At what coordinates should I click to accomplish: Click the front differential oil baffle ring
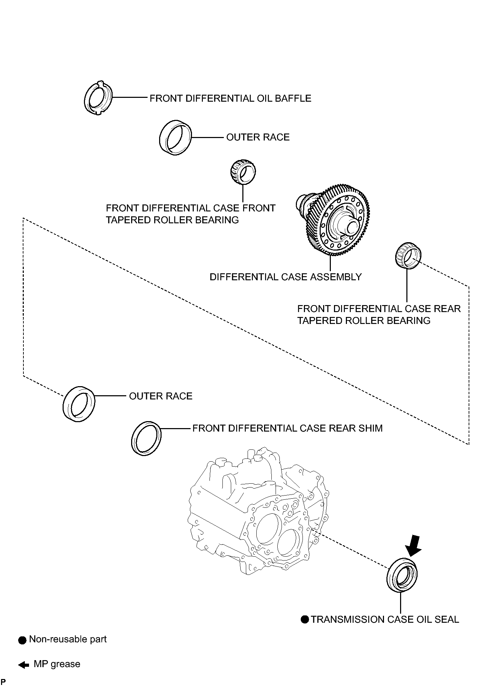tap(98, 98)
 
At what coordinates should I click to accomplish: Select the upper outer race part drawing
tap(175, 137)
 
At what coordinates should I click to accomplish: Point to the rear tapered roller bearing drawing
tap(408, 255)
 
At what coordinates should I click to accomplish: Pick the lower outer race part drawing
tap(79, 404)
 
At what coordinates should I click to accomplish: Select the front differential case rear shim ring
tap(146, 438)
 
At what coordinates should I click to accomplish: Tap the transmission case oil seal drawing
tap(402, 576)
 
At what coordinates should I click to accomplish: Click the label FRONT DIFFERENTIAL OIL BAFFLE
tap(230, 99)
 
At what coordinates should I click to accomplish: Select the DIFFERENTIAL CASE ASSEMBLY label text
tap(285, 277)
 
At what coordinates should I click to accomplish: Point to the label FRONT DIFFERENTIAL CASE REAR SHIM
tap(287, 428)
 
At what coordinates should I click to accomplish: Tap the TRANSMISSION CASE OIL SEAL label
tap(385, 620)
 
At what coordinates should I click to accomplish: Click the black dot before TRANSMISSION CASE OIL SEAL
tap(305, 620)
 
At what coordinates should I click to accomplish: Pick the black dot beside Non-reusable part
tap(22, 640)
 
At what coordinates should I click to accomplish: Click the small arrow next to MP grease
tap(24, 665)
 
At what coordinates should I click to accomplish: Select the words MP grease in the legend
tap(57, 664)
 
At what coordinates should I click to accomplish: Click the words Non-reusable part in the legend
tap(67, 640)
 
